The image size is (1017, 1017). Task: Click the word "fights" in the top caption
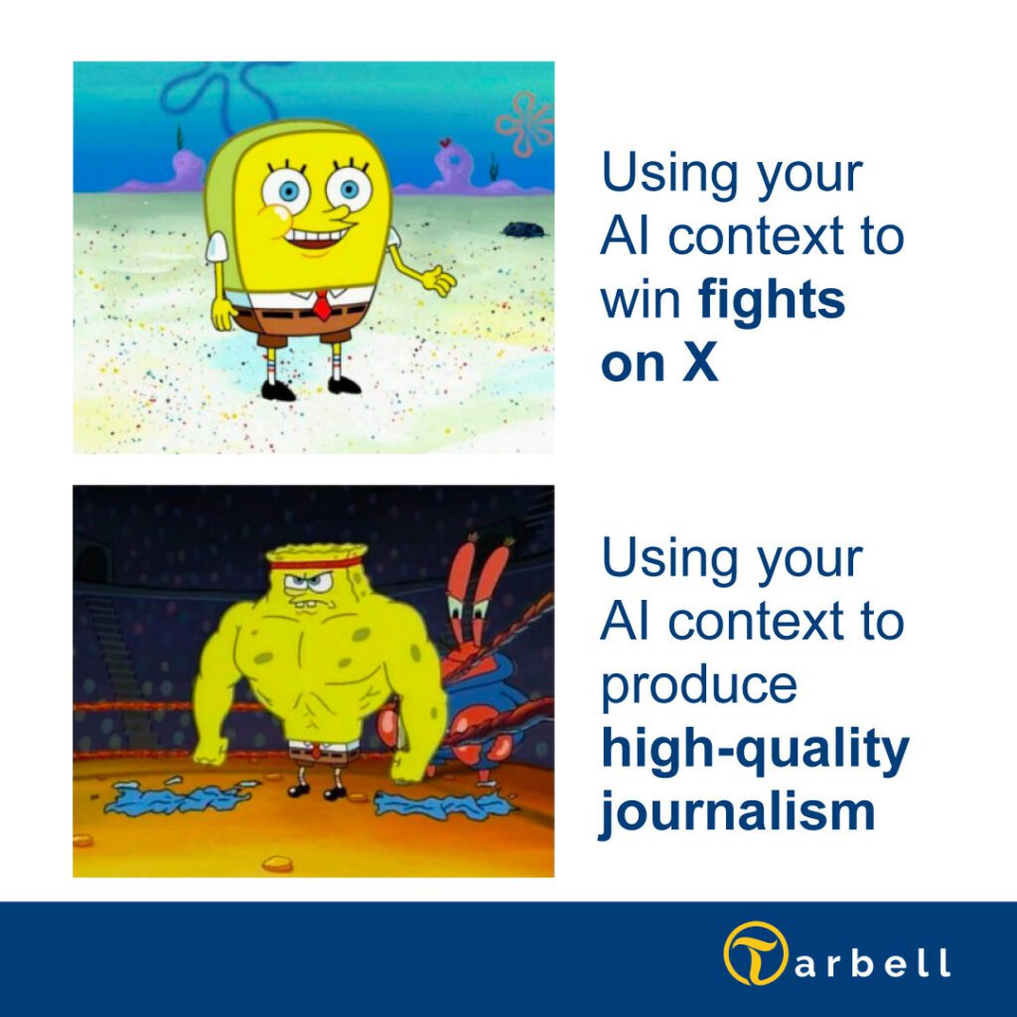[771, 300]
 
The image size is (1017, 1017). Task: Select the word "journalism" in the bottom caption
[738, 811]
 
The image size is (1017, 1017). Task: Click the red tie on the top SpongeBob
[322, 306]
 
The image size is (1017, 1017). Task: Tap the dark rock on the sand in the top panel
[522, 228]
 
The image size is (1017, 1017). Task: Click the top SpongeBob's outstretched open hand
[438, 280]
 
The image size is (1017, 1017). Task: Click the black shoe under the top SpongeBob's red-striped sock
[278, 389]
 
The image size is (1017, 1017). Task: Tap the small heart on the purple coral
[444, 142]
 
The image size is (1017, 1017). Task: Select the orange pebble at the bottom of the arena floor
[277, 863]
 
